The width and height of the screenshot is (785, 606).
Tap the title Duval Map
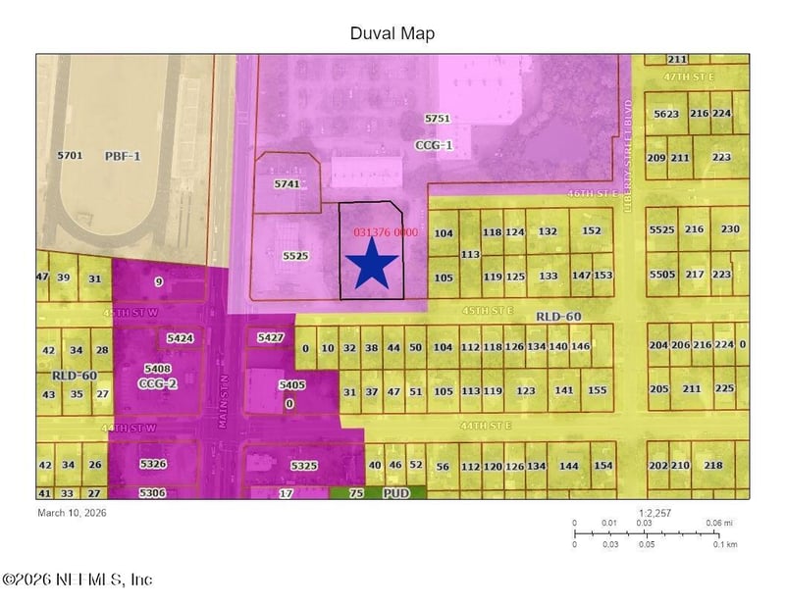pyautogui.click(x=392, y=33)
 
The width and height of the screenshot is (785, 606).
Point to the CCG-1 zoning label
pyautogui.click(x=433, y=144)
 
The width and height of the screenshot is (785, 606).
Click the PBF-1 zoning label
pyautogui.click(x=124, y=156)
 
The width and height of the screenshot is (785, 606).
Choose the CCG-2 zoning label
pyautogui.click(x=157, y=383)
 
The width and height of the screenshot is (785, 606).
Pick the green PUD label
pyautogui.click(x=395, y=494)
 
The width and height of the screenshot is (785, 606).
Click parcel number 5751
pyautogui.click(x=437, y=119)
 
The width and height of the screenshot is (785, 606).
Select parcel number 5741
pyautogui.click(x=287, y=183)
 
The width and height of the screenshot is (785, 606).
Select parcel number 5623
pyautogui.click(x=665, y=114)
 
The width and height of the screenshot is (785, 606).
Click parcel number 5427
pyautogui.click(x=270, y=337)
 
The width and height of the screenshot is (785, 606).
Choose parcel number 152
pyautogui.click(x=591, y=231)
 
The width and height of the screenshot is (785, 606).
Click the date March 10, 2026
pyautogui.click(x=72, y=512)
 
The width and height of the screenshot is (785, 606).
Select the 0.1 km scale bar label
pyautogui.click(x=724, y=543)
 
